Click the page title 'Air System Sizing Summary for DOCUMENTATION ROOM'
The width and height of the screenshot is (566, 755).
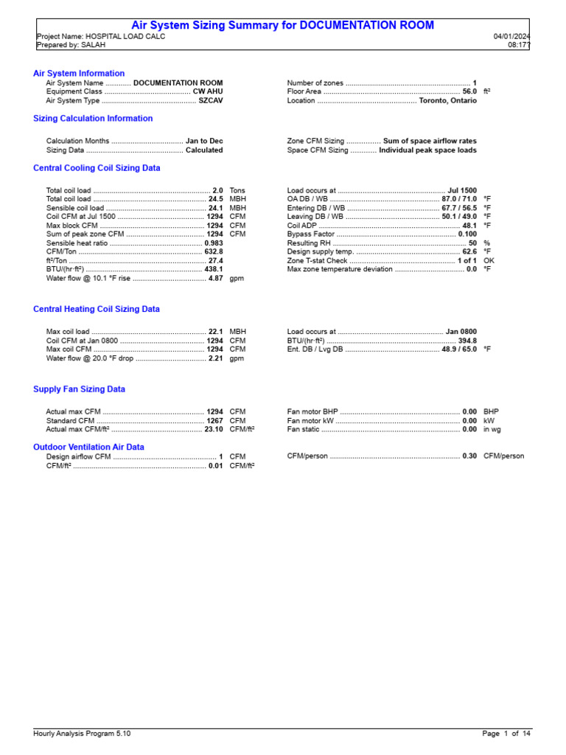282,26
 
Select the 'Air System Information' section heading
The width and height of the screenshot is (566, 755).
79,74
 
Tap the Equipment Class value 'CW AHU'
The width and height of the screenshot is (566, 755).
208,92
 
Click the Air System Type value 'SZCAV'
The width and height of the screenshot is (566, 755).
210,101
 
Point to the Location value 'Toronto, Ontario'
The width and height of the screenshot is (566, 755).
447,101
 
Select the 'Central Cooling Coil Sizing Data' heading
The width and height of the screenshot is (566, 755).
97,168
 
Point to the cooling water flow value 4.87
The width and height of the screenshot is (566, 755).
215,279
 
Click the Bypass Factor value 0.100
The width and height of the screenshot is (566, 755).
467,234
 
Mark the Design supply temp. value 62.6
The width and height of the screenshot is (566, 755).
469,252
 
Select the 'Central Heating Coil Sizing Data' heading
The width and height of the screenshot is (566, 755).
97,310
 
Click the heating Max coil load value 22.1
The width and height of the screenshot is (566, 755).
215,332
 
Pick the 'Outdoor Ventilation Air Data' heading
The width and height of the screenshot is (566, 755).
88,447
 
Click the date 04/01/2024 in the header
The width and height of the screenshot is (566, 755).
511,36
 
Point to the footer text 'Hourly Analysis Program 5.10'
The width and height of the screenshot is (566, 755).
82,734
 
